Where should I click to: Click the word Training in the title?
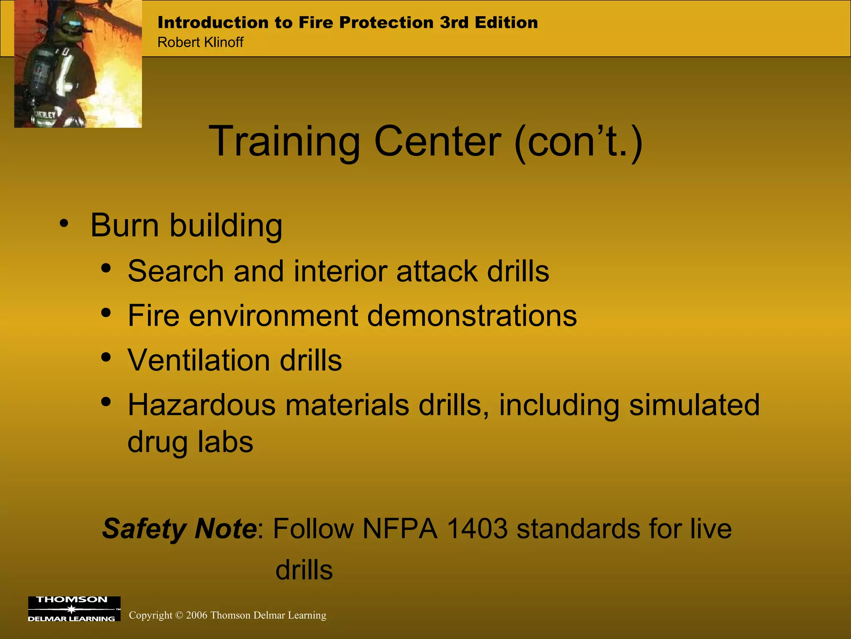coord(284,142)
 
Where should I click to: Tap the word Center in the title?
coord(438,142)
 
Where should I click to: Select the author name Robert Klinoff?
coord(200,42)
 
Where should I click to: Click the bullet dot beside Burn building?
coord(64,223)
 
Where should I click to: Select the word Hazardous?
coord(202,405)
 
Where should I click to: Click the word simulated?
coord(694,405)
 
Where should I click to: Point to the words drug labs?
coord(190,442)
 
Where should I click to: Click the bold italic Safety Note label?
coord(180,529)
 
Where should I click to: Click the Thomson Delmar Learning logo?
coord(74,609)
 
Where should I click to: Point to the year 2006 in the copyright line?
coord(197,615)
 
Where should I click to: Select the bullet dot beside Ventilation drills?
coord(106,357)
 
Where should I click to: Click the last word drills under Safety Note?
coord(304,570)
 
